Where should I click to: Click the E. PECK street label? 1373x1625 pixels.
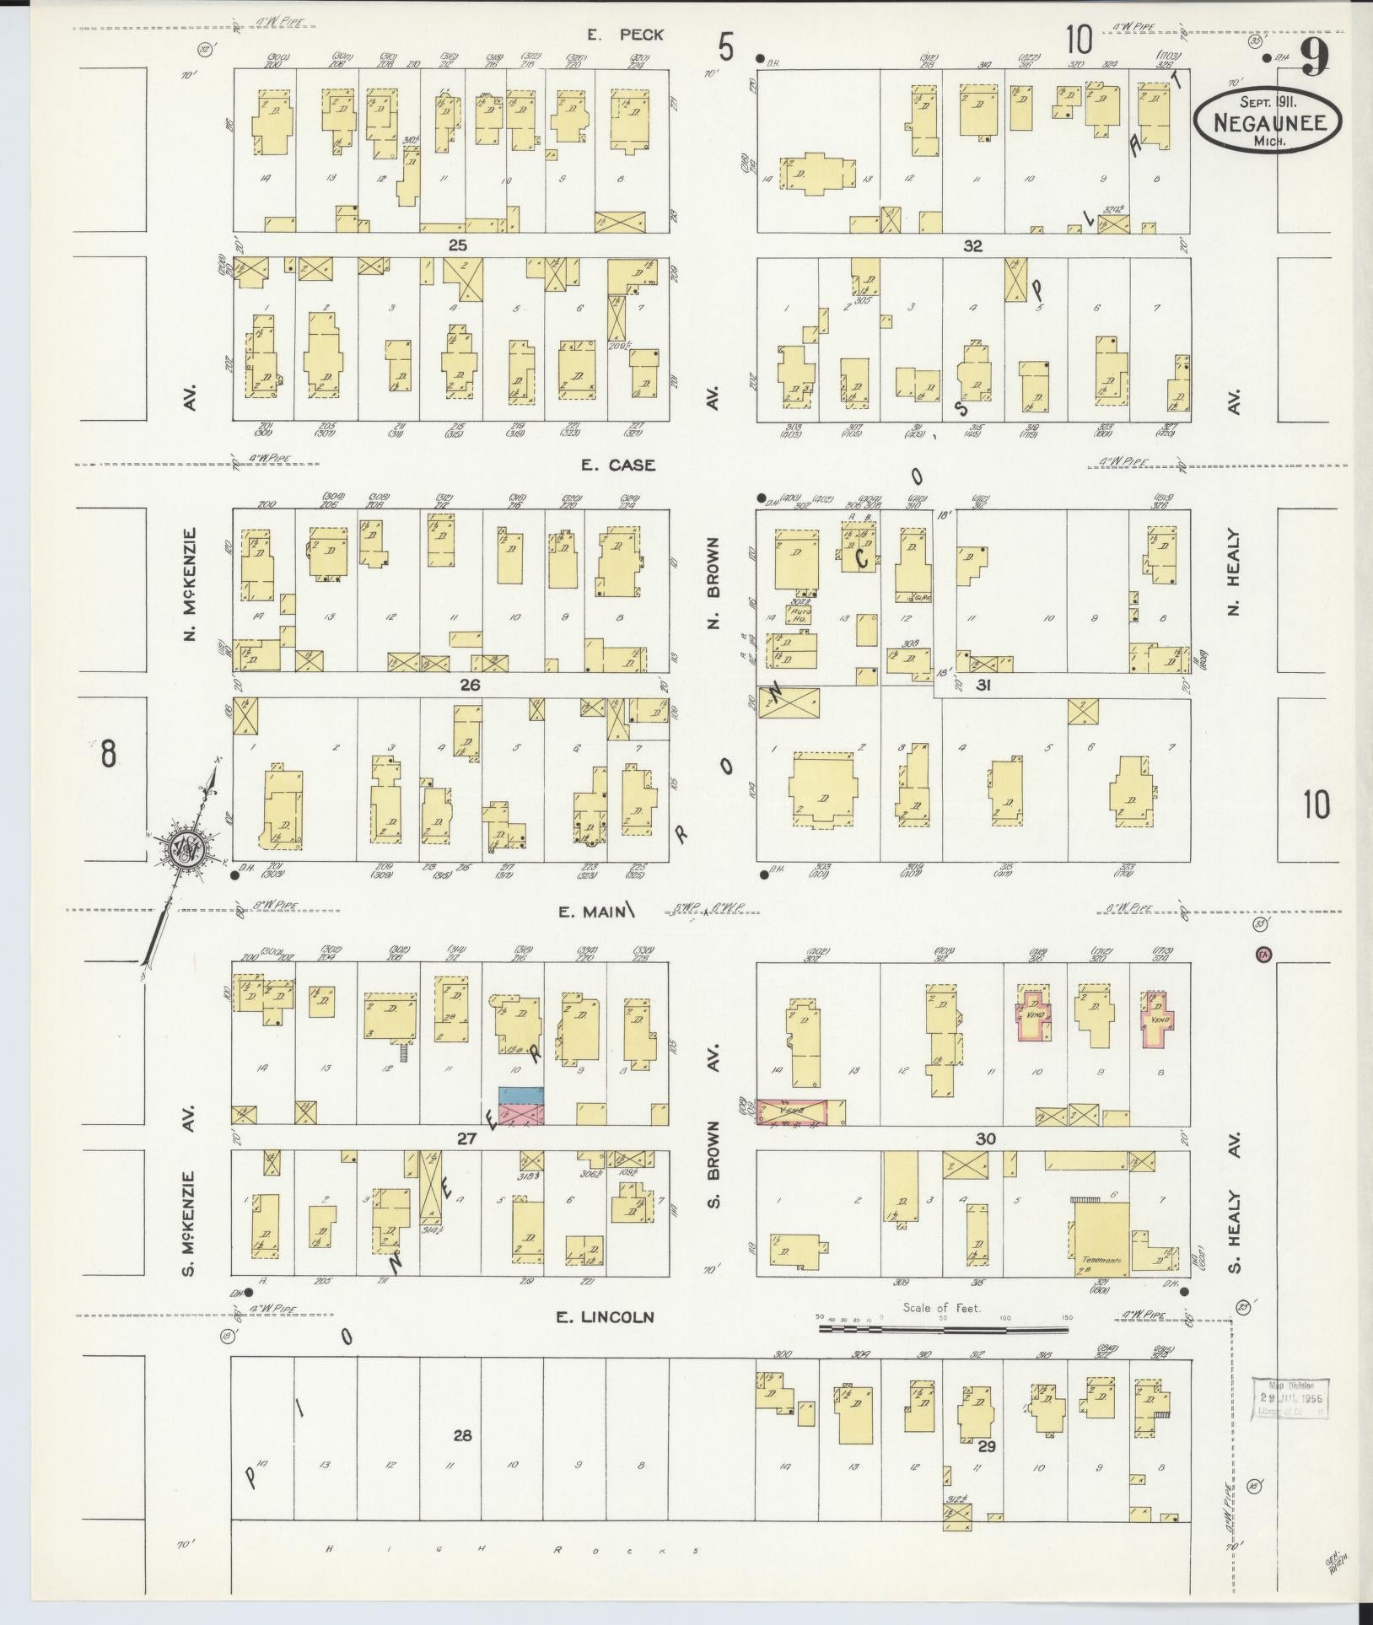(x=626, y=35)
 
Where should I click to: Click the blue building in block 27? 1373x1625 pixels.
(x=521, y=1095)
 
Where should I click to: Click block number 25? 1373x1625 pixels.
(x=457, y=245)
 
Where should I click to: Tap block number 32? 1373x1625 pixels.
(x=973, y=245)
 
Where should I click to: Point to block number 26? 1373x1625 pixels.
(x=470, y=686)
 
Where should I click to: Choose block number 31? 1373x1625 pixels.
(x=983, y=686)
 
